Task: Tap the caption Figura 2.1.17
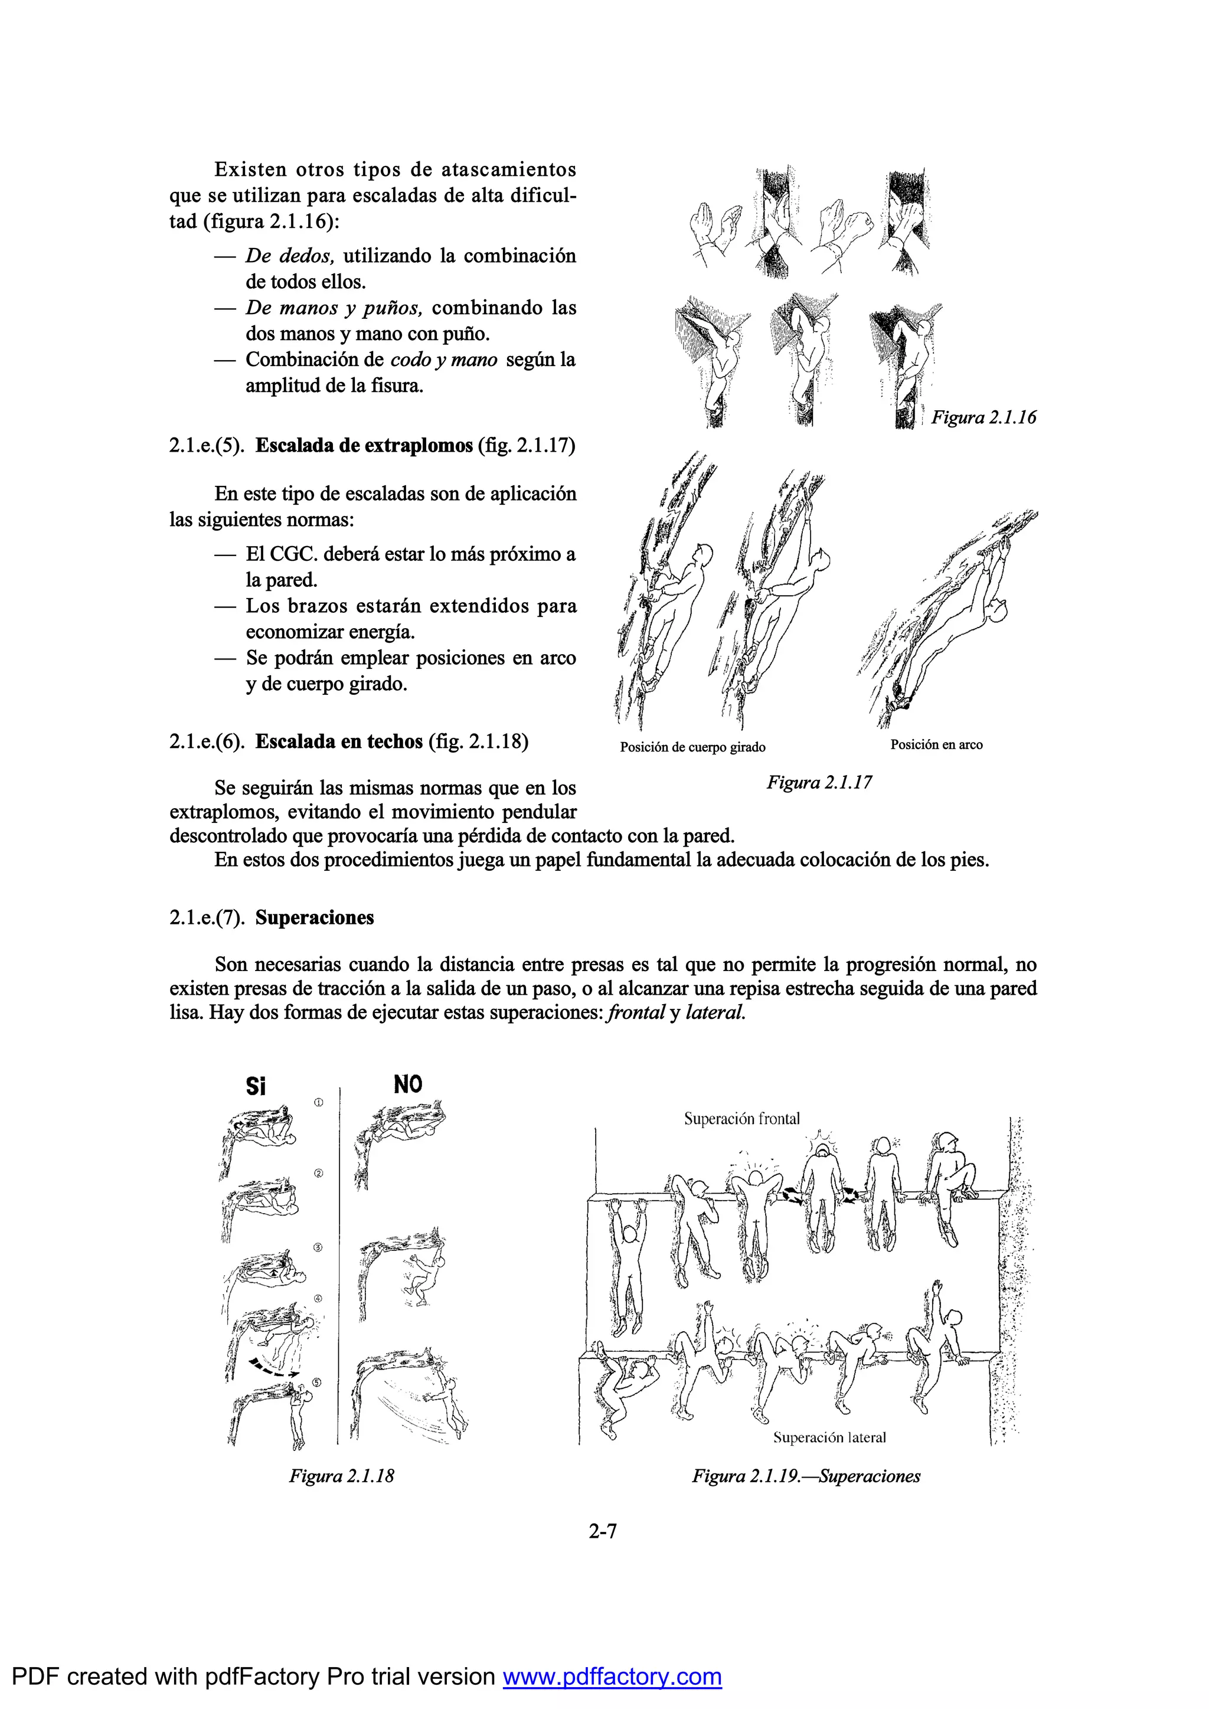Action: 819,782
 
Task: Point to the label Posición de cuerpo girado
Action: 692,747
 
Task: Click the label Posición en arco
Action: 936,745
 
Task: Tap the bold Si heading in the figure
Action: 256,1087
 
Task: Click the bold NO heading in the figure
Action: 407,1084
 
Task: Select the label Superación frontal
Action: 741,1119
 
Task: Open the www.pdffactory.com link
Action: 612,1677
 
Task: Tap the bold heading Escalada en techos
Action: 339,742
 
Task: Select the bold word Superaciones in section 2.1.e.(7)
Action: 314,918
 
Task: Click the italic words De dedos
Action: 290,256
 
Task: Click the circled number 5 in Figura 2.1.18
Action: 316,1382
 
